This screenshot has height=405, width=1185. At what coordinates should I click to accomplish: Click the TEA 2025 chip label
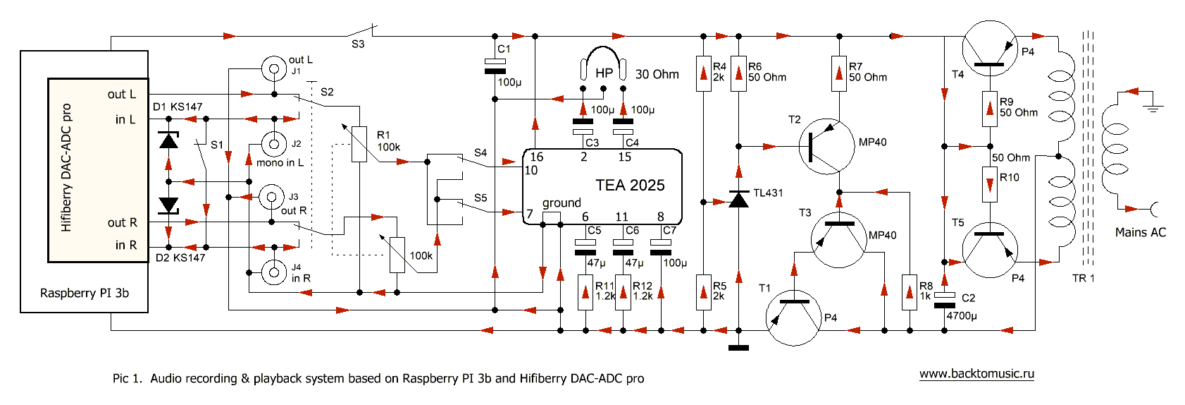coord(630,186)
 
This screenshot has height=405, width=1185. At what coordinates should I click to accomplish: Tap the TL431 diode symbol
coord(738,200)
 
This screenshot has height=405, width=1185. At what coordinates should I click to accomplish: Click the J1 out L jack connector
coord(274,68)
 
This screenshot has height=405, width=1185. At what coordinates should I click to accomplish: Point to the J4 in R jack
coord(273,272)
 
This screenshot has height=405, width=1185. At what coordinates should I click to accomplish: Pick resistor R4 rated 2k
coord(704,73)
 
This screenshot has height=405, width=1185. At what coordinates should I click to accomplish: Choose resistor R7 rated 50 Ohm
coord(838,73)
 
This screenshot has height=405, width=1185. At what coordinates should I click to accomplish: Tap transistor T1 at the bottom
coord(793,318)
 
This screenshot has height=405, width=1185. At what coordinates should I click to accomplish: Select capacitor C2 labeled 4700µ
coord(944,300)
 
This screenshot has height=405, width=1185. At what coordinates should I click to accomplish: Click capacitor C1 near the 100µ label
coord(495,66)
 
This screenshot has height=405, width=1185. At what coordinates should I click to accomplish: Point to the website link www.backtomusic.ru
coord(976,374)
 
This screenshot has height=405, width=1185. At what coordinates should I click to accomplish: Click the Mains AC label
coord(1140,232)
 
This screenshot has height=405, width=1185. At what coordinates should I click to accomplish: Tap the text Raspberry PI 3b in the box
coord(85,293)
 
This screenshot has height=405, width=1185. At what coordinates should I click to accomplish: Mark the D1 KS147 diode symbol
coord(168,140)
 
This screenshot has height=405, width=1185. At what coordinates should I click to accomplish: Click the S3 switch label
coord(358,44)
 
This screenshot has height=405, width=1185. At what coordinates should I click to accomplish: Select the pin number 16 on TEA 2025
coord(537,157)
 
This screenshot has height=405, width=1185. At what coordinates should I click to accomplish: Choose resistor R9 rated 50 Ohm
coord(990,109)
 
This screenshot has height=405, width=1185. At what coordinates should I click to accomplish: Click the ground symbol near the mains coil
coord(1154,107)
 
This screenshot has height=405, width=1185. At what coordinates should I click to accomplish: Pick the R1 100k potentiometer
coord(359,144)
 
